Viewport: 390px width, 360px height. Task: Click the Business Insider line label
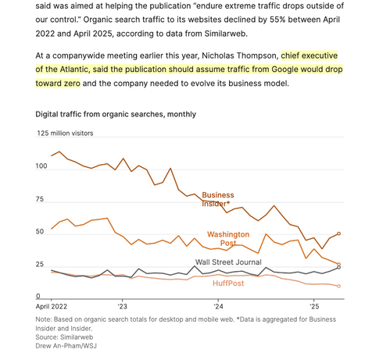[218, 199]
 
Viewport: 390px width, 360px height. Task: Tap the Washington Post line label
[228, 238]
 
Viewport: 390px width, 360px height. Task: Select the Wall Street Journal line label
[228, 262]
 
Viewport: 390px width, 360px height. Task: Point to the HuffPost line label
[228, 283]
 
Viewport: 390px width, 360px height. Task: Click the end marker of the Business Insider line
[338, 233]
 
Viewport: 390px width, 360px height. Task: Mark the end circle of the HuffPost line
[338, 286]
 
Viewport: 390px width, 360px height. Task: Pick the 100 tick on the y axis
[41, 166]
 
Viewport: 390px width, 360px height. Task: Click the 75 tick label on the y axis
[40, 199]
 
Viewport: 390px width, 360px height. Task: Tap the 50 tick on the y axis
[40, 232]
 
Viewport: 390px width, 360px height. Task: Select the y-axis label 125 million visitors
[65, 134]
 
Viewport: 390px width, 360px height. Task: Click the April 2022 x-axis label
[52, 306]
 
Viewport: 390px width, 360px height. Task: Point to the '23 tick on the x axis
[122, 306]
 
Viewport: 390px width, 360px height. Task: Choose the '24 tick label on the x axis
[218, 306]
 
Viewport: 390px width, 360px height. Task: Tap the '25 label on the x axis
[314, 306]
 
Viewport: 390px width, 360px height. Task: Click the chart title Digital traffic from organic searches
[116, 114]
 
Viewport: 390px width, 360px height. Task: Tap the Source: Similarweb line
[64, 337]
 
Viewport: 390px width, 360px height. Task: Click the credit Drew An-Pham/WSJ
[66, 346]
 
